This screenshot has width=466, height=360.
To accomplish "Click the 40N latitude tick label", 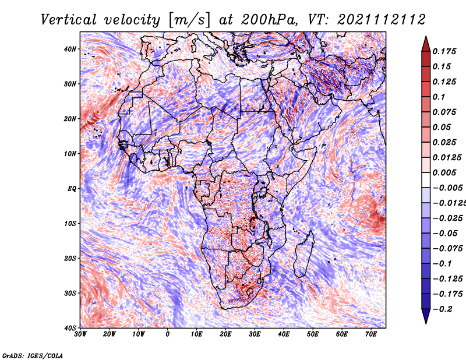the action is pyautogui.click(x=70, y=49).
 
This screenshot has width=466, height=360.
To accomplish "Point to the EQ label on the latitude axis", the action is pyautogui.click(x=72, y=189).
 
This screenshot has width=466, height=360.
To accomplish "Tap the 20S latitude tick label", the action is pyautogui.click(x=70, y=258).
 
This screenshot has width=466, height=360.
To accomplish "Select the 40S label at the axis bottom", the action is pyautogui.click(x=70, y=328).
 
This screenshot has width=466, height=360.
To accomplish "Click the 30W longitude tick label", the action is pyautogui.click(x=80, y=334).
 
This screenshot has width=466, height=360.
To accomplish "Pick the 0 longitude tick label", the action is pyautogui.click(x=168, y=334).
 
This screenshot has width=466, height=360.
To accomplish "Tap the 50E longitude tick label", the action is pyautogui.click(x=313, y=334).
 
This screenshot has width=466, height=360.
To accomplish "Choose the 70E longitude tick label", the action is pyautogui.click(x=371, y=334).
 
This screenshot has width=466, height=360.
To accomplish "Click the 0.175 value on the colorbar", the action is pyautogui.click(x=444, y=52).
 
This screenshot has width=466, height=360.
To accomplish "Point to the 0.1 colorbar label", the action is pyautogui.click(x=439, y=97).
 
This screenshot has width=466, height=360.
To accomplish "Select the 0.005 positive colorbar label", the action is pyautogui.click(x=444, y=172).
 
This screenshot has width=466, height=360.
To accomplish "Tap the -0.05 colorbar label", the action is pyautogui.click(x=445, y=234).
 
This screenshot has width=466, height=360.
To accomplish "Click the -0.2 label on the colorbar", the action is pyautogui.click(x=442, y=309).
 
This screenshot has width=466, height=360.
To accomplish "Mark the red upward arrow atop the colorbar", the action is pyautogui.click(x=426, y=44).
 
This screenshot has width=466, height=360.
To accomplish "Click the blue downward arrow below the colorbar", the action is pyautogui.click(x=426, y=316).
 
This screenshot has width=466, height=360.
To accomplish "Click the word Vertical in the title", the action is pyautogui.click(x=69, y=20).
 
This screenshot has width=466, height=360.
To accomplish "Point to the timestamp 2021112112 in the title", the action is pyautogui.click(x=382, y=20).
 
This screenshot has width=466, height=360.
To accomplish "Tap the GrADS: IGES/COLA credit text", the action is pyautogui.click(x=33, y=356).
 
